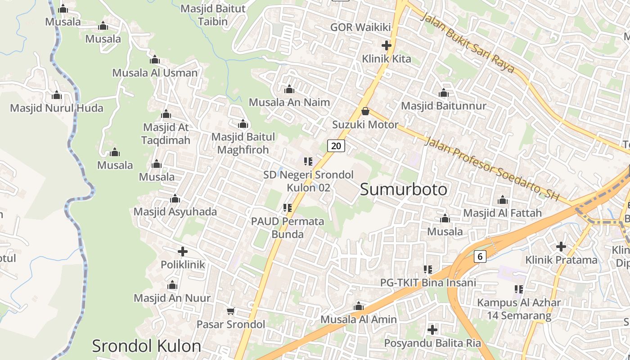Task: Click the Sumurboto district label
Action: [404, 189]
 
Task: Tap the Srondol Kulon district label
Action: [146, 346]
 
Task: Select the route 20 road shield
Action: [336, 145]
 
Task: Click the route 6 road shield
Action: [480, 256]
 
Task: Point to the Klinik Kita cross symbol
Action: [386, 45]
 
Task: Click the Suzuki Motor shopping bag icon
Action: [365, 111]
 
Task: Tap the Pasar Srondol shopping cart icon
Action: [231, 311]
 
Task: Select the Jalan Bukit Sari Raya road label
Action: [468, 43]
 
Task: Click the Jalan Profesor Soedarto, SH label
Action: [491, 168]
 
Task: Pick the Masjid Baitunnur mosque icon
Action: [444, 93]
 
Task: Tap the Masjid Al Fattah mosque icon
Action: [503, 200]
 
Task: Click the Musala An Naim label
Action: [289, 102]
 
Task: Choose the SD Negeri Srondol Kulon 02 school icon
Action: [308, 161]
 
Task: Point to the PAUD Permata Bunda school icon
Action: [288, 208]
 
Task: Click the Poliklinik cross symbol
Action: [183, 252]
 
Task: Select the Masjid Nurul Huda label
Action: [57, 108]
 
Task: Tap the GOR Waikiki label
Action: [360, 27]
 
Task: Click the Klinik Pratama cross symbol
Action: [561, 247]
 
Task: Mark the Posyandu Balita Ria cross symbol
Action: [432, 330]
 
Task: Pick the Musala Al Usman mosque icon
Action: [155, 60]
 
